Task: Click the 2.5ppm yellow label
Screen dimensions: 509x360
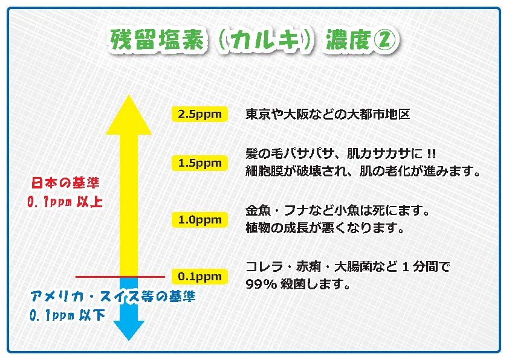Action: [199, 114]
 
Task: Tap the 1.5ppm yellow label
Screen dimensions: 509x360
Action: [199, 163]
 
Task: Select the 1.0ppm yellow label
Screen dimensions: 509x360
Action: [199, 220]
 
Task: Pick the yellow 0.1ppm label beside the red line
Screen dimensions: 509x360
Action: [199, 276]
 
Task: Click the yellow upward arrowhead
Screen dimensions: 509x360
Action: [129, 115]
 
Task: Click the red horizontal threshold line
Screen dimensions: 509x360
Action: [120, 277]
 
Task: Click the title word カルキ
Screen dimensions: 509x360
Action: [265, 40]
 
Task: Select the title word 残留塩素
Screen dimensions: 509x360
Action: [158, 40]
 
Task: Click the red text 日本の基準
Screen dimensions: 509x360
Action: [65, 183]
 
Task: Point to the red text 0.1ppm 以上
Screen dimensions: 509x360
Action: [65, 202]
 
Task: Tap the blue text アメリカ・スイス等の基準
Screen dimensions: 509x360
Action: [112, 296]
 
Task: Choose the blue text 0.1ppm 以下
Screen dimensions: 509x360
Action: [67, 315]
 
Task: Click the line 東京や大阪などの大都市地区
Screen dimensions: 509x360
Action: [328, 114]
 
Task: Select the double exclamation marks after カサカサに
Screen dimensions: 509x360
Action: [431, 153]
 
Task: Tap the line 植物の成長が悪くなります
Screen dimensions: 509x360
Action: [325, 228]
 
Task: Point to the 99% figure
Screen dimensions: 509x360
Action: [261, 284]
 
